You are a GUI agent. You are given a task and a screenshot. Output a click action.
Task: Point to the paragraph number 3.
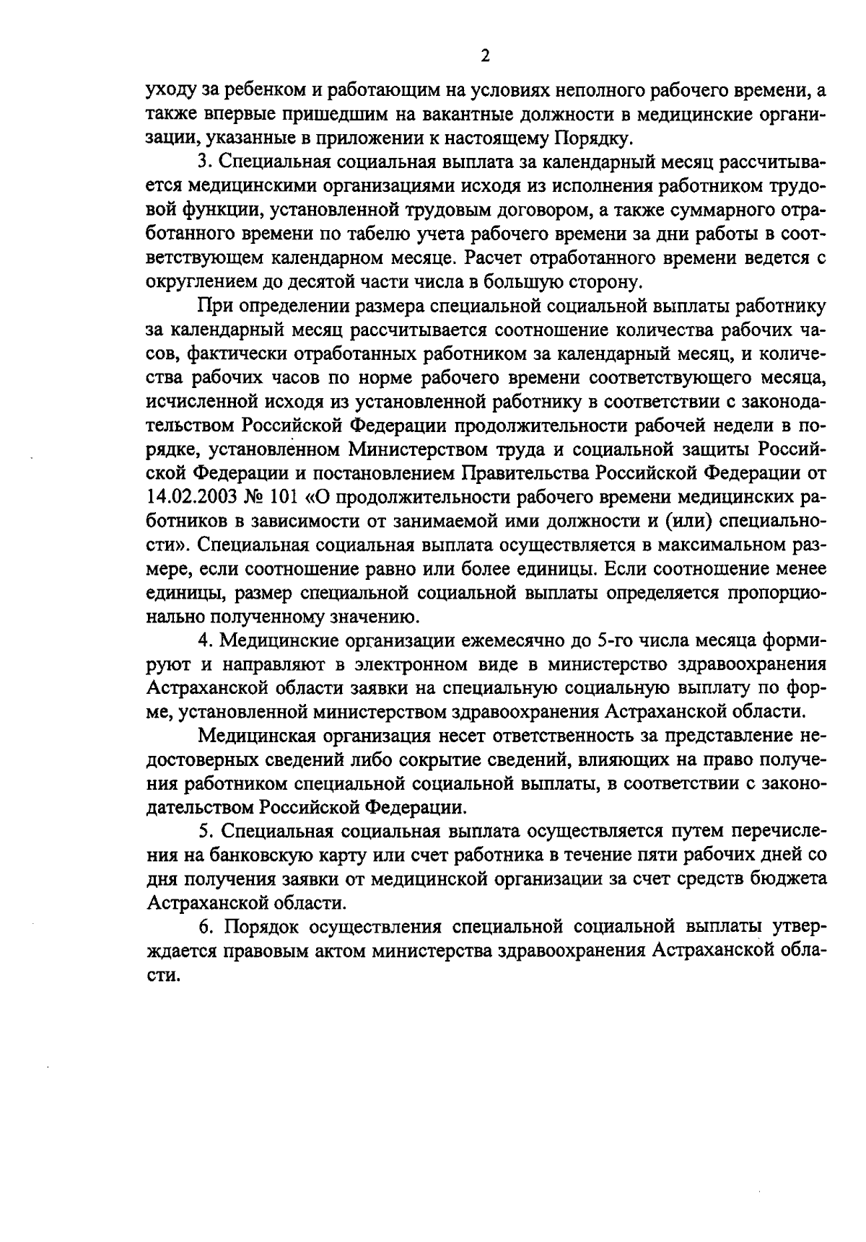coord(204,162)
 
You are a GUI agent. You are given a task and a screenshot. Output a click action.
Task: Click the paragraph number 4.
coord(204,640)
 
